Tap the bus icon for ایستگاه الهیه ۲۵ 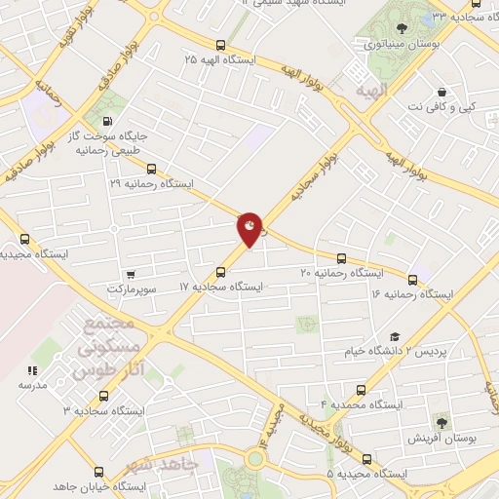pyautogui.click(x=221, y=45)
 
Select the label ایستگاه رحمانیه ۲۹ pyautogui.click(x=152, y=182)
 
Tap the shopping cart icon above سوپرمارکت pyautogui.click(x=131, y=274)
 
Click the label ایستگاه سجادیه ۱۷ pyautogui.click(x=222, y=287)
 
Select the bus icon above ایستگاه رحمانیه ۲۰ pyautogui.click(x=340, y=258)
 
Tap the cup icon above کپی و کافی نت pyautogui.click(x=441, y=90)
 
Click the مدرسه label pyautogui.click(x=32, y=385)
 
